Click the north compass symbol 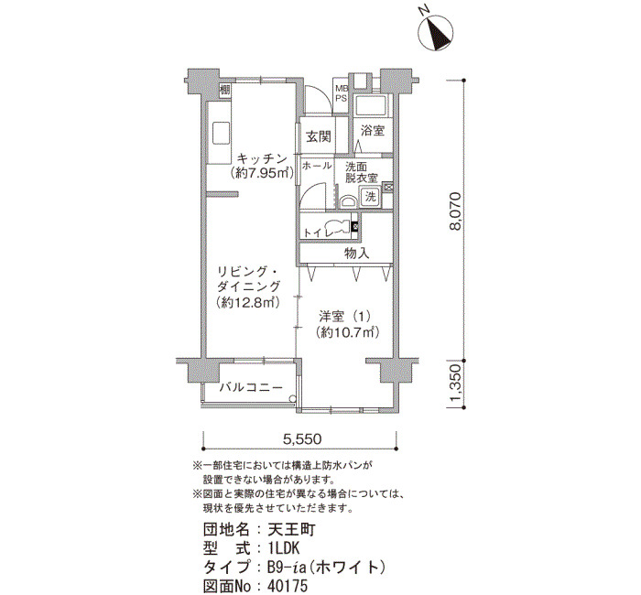pyautogui.click(x=435, y=32)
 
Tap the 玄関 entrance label pyautogui.click(x=318, y=136)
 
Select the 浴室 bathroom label pyautogui.click(x=373, y=131)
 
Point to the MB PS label pyautogui.click(x=341, y=93)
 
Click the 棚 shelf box pyautogui.click(x=225, y=90)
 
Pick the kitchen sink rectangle pyautogui.click(x=221, y=133)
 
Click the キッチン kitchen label pyautogui.click(x=262, y=158)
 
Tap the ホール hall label pyautogui.click(x=317, y=166)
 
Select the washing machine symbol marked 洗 pyautogui.click(x=370, y=197)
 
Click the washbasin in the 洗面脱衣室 pyautogui.click(x=348, y=201)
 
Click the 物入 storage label pyautogui.click(x=357, y=254)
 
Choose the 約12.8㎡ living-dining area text pyautogui.click(x=248, y=302)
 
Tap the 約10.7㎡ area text pyautogui.click(x=348, y=333)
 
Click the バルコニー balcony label pyautogui.click(x=251, y=387)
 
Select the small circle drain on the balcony pyautogui.click(x=292, y=399)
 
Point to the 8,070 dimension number pyautogui.click(x=455, y=211)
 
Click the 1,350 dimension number pyautogui.click(x=457, y=383)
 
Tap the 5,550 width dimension pyautogui.click(x=302, y=439)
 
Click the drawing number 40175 pyautogui.click(x=288, y=586)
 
